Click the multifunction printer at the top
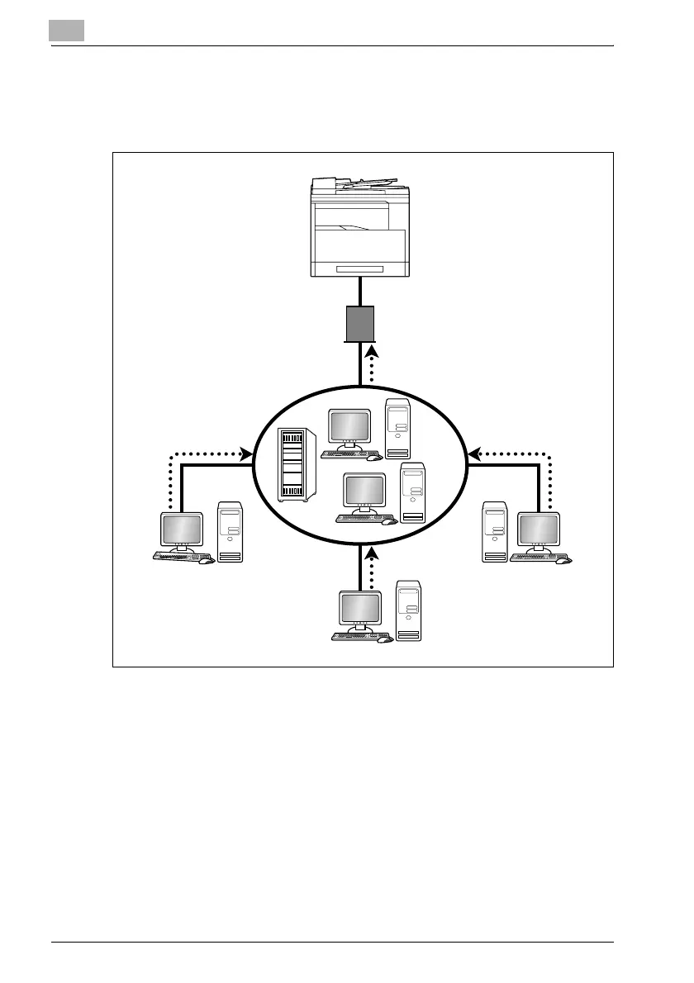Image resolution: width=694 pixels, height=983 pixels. coord(359,235)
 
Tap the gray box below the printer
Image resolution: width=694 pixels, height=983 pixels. coord(360,324)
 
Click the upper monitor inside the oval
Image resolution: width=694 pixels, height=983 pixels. coord(348,428)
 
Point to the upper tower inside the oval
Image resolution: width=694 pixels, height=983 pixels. coord(397,429)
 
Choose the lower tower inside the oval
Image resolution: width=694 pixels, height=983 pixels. coord(412,492)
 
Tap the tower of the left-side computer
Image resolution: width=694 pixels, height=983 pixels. coord(231,532)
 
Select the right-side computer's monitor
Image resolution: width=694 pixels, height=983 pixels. coord(539,530)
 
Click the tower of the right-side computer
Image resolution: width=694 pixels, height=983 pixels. coord(495,532)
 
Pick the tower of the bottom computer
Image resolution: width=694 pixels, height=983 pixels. coord(408,610)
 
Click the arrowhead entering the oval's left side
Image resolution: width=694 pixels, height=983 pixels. coord(245,453)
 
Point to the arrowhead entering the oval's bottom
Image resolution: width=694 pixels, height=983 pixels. coord(373,551)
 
